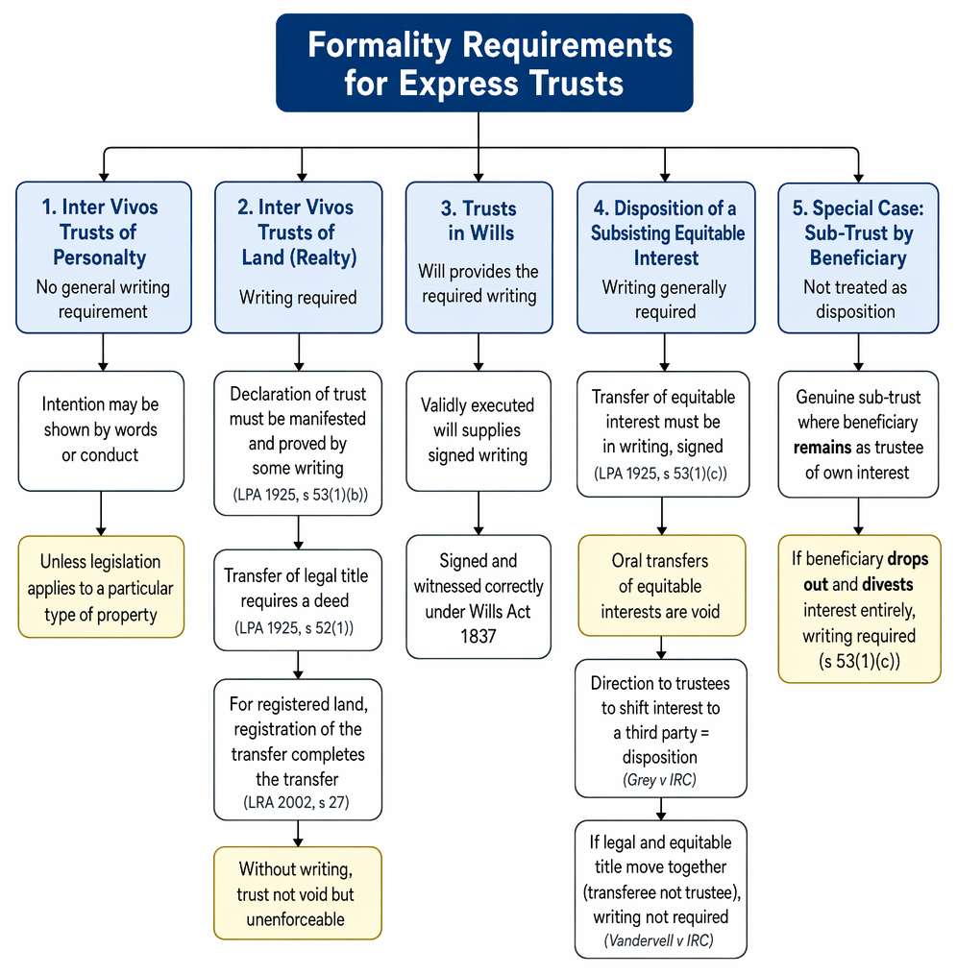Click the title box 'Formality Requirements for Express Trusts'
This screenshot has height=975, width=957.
pos(484,62)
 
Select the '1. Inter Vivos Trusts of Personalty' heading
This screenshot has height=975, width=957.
pos(100,232)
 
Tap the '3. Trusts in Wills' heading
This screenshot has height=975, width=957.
pos(479,220)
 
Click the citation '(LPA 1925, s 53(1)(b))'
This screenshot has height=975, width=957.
pos(301,495)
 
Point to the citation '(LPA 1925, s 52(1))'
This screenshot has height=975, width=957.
pos(294,628)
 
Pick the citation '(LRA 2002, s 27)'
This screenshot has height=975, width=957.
pos(296,802)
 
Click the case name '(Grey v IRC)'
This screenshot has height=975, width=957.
pos(659,780)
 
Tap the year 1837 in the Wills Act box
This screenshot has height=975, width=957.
pos(478,637)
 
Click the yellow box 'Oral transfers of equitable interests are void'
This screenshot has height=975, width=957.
pos(662,586)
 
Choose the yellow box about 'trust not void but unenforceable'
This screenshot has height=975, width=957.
pos(297,893)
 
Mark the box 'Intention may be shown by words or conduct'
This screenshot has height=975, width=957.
pos(101,431)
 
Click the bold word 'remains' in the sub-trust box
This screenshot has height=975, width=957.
pos(822,448)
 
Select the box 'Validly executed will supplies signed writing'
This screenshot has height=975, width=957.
pos(478,431)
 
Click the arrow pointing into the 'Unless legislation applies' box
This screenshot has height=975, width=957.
pos(101,514)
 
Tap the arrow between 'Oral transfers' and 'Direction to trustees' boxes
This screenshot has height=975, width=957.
pos(661,648)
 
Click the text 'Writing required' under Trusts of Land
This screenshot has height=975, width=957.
pos(298,297)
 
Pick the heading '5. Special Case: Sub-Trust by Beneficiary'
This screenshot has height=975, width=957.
pos(858,233)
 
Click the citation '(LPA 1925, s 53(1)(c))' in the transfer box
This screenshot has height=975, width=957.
pos(660,474)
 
